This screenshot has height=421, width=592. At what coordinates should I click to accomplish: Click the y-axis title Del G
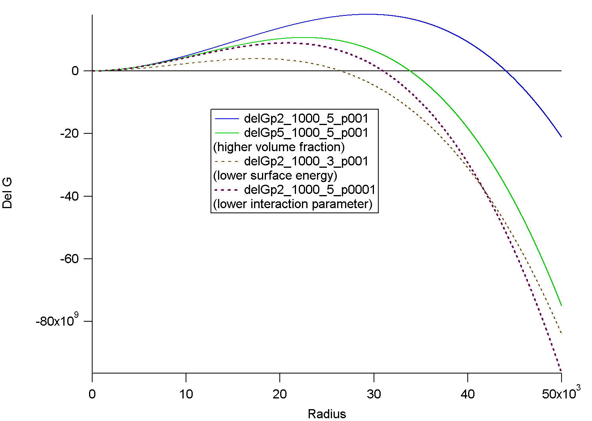(8, 193)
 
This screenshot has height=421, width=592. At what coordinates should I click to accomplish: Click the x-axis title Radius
(327, 414)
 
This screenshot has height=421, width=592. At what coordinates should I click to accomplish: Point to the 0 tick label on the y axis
(75, 71)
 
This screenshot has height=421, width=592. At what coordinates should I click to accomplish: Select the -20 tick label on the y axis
(70, 134)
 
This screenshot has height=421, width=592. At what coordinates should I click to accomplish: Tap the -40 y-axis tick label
(70, 196)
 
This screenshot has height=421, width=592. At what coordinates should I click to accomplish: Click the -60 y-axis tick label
(70, 259)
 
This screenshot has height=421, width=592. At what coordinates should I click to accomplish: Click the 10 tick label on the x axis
(186, 394)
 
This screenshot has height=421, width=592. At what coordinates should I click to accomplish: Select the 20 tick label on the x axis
(280, 394)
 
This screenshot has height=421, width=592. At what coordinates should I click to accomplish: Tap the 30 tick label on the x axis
(374, 394)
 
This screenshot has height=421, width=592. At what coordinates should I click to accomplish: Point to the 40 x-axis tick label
(467, 394)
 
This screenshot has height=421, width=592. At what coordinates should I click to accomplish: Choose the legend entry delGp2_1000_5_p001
(306, 118)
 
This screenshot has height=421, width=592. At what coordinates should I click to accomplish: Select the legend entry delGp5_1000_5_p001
(306, 133)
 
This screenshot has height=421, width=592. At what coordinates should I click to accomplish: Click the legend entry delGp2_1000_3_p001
(306, 161)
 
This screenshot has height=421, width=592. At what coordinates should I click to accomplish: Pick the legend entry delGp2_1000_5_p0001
(309, 190)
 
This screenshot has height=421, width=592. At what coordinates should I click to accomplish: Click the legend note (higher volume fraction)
(279, 147)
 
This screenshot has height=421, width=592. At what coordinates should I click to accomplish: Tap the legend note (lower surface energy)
(275, 175)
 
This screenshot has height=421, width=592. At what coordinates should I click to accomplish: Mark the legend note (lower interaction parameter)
(293, 204)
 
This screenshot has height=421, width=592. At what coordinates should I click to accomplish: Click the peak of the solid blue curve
(369, 14)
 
